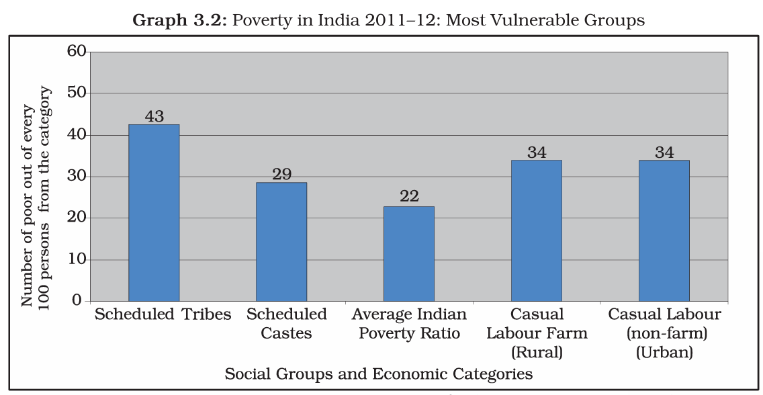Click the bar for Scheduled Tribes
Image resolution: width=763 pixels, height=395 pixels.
tap(154, 212)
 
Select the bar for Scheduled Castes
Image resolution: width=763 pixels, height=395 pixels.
tap(281, 241)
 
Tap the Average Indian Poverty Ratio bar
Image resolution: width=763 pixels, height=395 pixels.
tap(409, 253)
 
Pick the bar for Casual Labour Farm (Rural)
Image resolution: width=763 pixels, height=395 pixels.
tap(536, 230)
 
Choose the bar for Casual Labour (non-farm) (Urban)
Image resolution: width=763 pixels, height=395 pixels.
tap(664, 230)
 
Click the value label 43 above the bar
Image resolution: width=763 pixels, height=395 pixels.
tap(154, 116)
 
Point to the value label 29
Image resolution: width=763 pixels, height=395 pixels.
tap(281, 174)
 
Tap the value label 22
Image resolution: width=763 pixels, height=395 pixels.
tap(409, 196)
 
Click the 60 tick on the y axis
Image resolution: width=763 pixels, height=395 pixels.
tap(76, 51)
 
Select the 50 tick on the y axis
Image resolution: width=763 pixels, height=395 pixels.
tap(76, 93)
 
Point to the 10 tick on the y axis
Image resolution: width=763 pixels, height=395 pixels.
tap(76, 259)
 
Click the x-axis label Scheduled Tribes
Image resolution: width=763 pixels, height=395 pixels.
tap(163, 314)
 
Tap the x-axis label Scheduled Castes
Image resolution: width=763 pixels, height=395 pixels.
tap(287, 323)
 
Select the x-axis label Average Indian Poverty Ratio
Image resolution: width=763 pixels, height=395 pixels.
tap(409, 323)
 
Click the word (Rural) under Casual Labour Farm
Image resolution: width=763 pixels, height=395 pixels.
tap(536, 352)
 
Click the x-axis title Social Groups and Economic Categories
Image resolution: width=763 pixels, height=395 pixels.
tap(379, 374)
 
